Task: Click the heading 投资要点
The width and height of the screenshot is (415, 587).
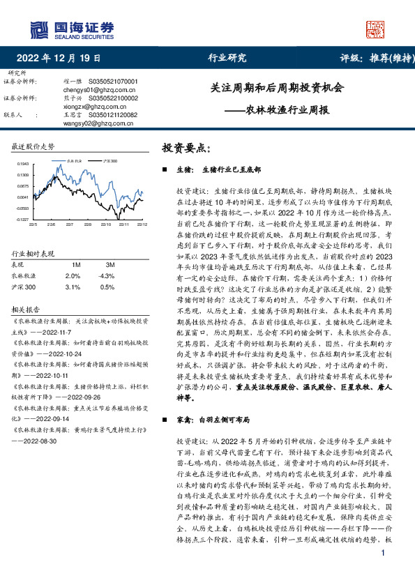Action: pyautogui.click(x=186, y=148)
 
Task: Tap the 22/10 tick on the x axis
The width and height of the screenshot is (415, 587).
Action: pyautogui.click(x=105, y=224)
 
